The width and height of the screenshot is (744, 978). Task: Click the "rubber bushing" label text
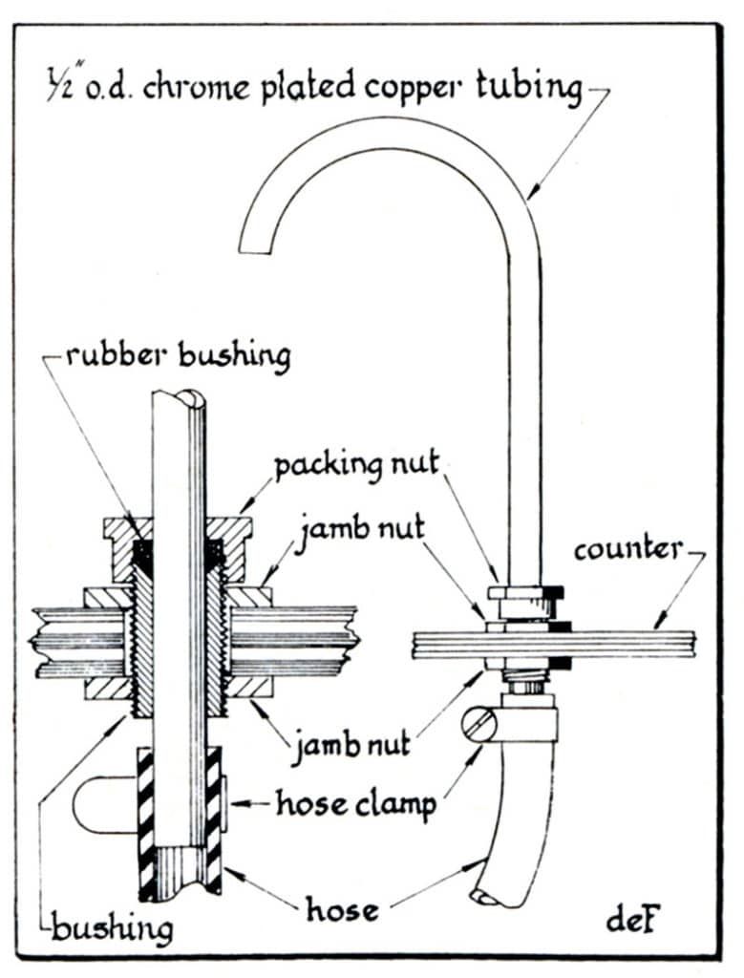coord(178,356)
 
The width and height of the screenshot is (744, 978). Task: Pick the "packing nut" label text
coord(356,466)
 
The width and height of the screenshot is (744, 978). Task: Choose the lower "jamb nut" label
coord(351,741)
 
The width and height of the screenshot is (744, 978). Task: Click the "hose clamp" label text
coord(355,803)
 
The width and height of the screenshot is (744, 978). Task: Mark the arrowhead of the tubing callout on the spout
coord(528,198)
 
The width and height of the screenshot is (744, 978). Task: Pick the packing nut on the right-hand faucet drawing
coord(522,592)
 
